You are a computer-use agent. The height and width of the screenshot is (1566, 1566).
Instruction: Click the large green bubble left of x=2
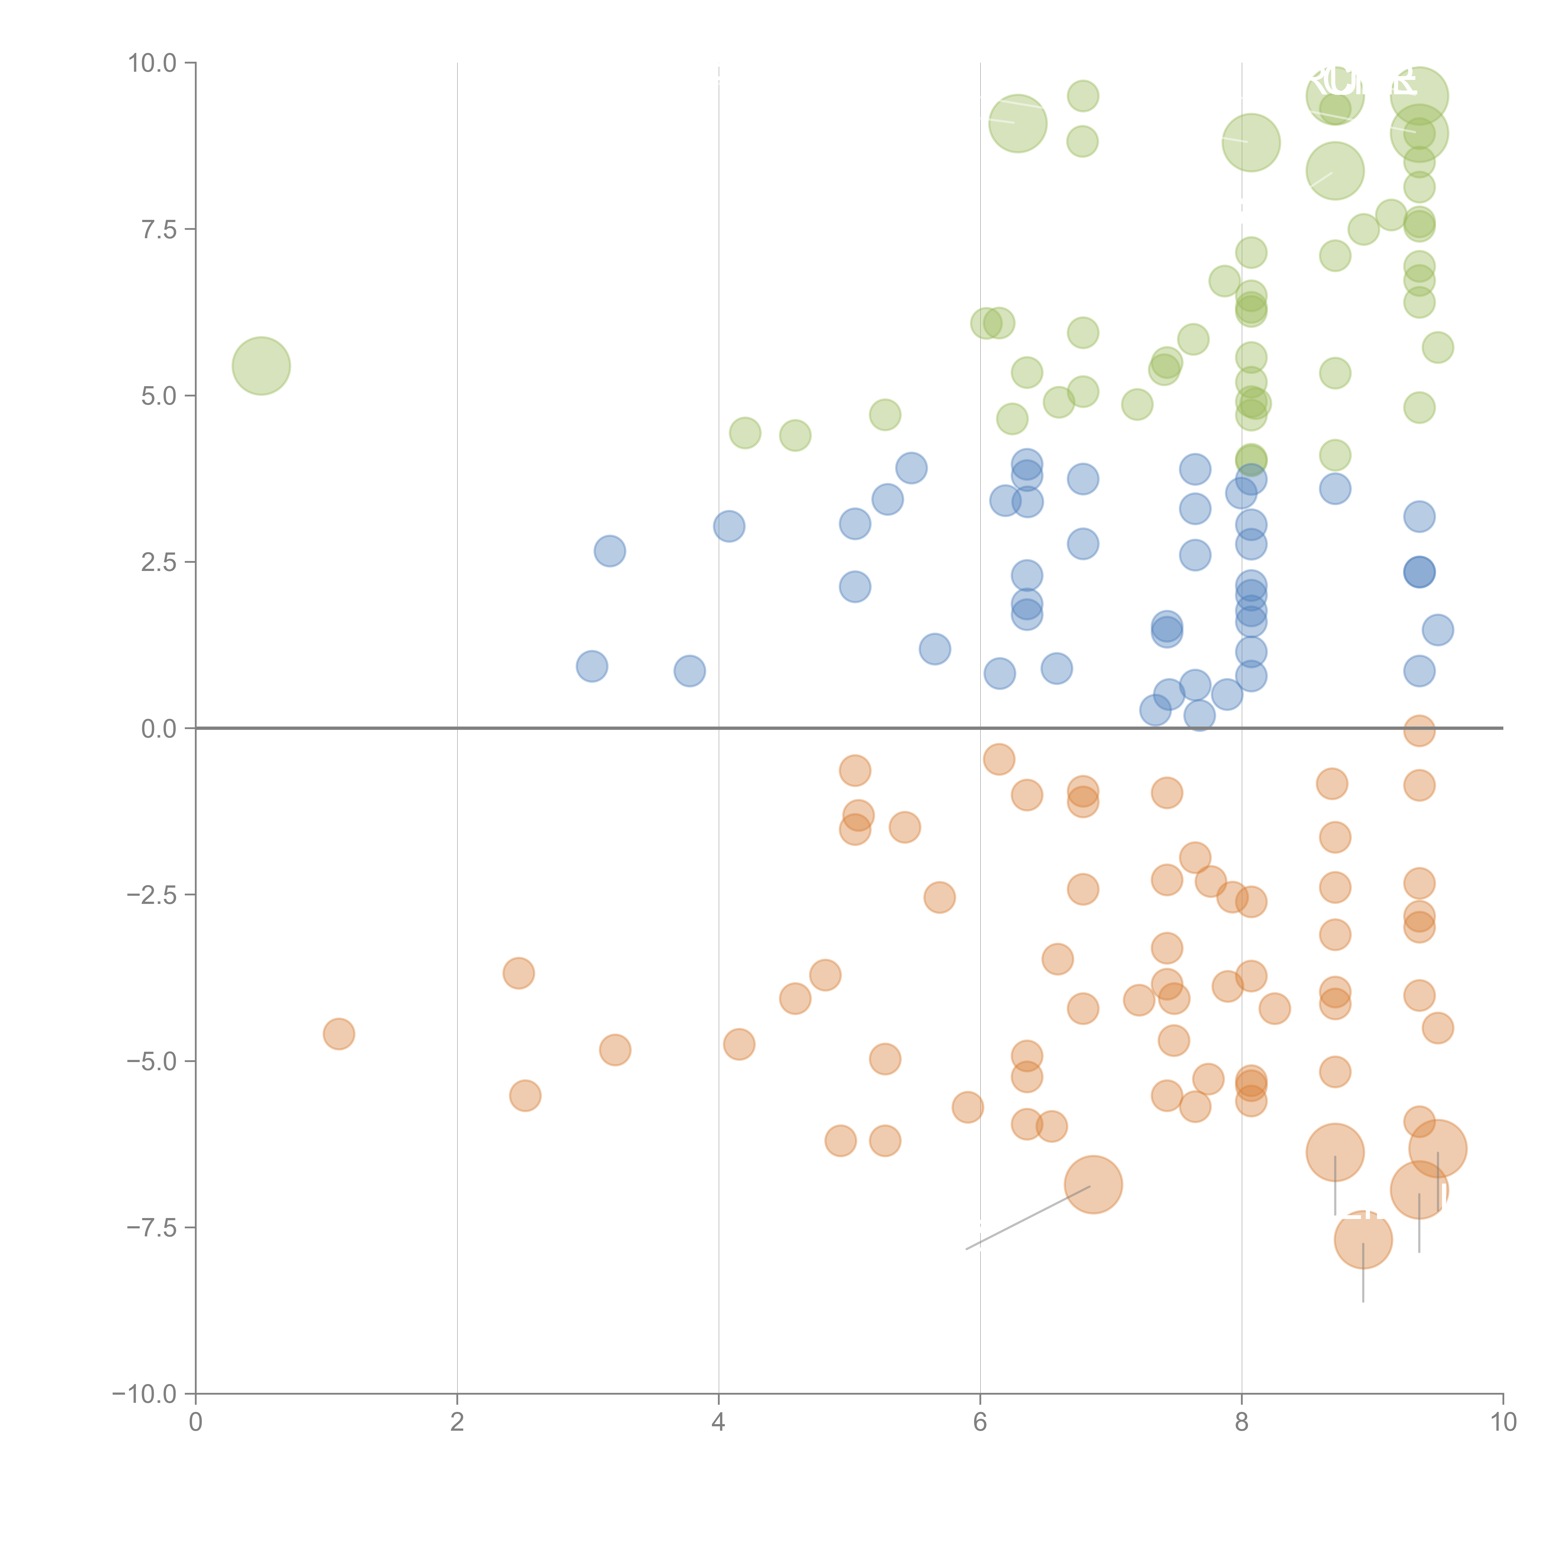click(x=261, y=366)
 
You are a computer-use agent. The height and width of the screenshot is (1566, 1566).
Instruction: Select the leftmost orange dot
click(x=339, y=1034)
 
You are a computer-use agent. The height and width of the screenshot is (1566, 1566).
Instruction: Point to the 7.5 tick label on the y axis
click(x=159, y=229)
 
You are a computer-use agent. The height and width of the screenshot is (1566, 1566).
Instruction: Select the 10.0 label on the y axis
click(x=153, y=63)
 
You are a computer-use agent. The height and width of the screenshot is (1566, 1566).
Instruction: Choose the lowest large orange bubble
click(x=1363, y=1239)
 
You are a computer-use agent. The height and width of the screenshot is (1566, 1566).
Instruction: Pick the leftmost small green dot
click(x=745, y=433)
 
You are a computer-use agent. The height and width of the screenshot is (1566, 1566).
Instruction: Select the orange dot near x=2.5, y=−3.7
click(x=519, y=973)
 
